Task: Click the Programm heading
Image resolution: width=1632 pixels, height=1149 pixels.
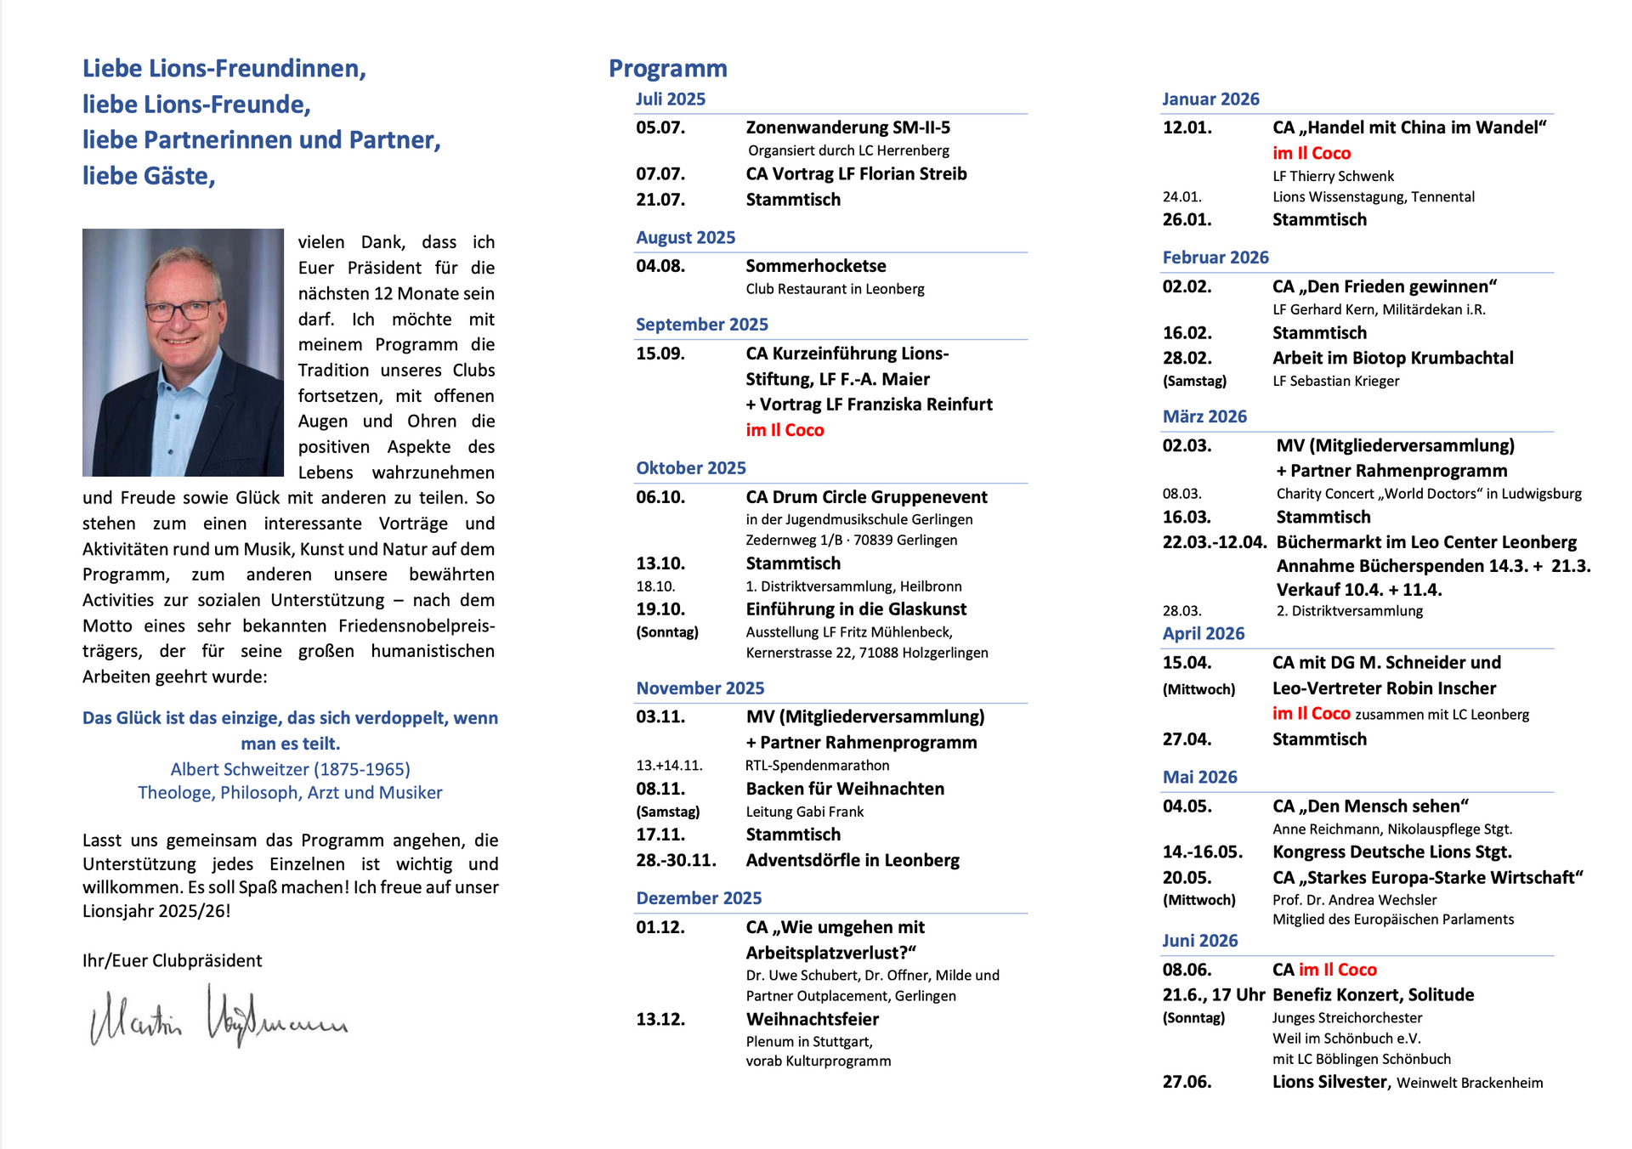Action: (x=668, y=69)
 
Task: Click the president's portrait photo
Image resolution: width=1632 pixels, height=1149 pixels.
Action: (x=183, y=352)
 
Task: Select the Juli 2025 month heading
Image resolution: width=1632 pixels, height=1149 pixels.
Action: (x=671, y=99)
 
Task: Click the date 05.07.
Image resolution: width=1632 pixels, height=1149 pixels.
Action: (x=660, y=128)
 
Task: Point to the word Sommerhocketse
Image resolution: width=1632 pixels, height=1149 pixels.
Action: (x=816, y=267)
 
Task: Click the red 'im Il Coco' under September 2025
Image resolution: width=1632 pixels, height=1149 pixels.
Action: (x=785, y=431)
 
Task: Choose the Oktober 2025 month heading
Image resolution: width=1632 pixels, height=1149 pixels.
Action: (x=691, y=468)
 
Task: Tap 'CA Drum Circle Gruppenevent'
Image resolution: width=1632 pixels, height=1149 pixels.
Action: (x=866, y=497)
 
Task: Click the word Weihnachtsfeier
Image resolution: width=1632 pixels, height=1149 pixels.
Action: (x=813, y=1020)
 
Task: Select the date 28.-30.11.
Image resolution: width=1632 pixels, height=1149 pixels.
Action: (x=676, y=861)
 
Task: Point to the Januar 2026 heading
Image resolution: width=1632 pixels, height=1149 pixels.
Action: (x=1210, y=99)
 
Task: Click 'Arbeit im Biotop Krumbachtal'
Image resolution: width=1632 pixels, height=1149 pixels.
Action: (x=1392, y=359)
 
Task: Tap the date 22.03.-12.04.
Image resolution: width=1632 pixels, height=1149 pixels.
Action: (x=1215, y=543)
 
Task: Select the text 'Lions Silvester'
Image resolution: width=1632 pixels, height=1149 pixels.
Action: (x=1329, y=1083)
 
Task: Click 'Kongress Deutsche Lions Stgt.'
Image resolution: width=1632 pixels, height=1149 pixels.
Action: (x=1391, y=852)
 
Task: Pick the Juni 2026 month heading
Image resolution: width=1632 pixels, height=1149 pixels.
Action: (x=1199, y=941)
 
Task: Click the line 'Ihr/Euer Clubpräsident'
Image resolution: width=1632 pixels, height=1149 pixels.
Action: (x=173, y=961)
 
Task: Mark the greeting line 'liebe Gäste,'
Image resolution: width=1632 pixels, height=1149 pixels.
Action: (x=149, y=177)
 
